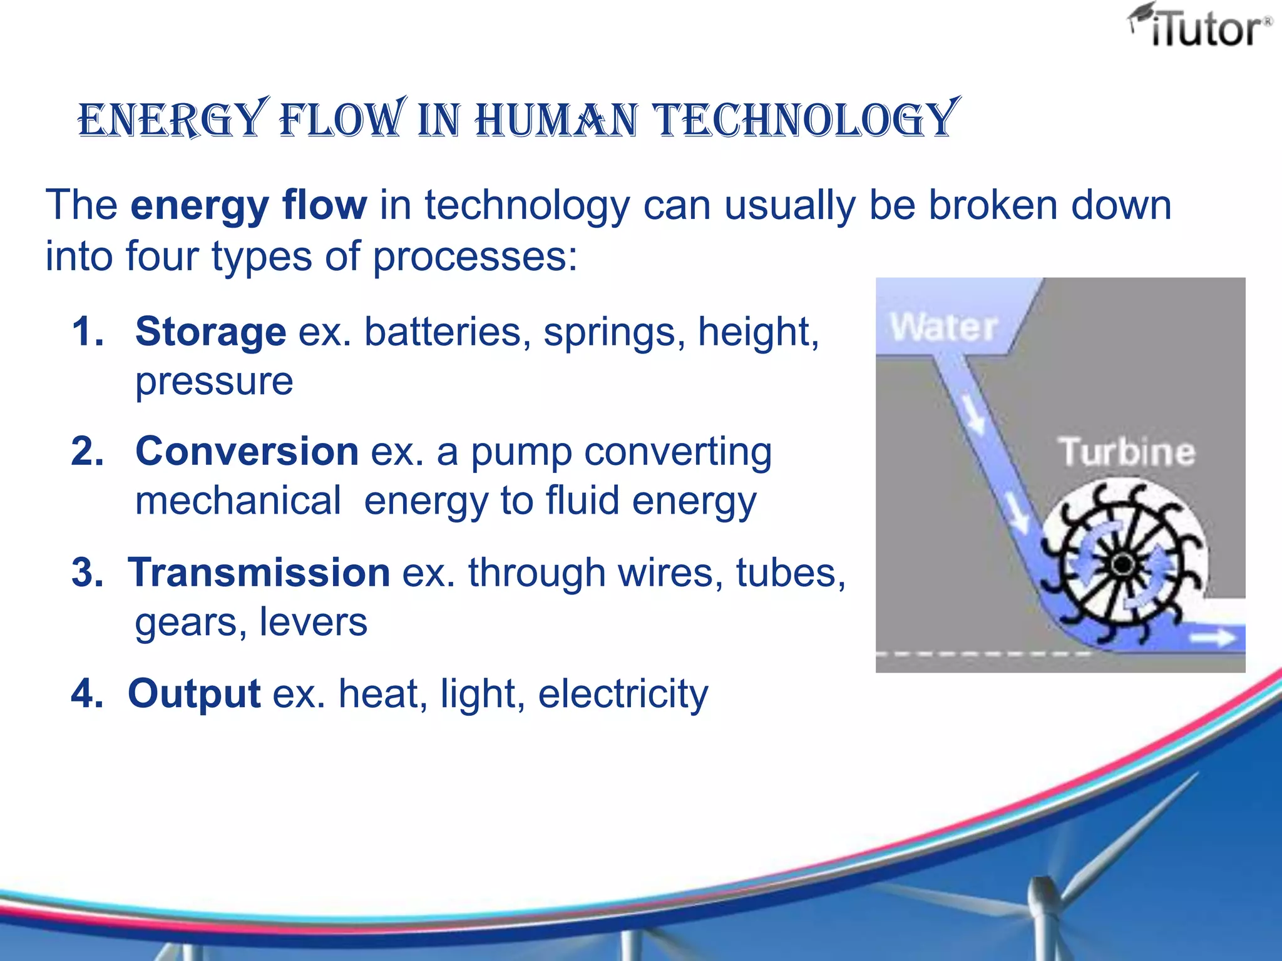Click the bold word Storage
pyautogui.click(x=210, y=331)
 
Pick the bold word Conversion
pyautogui.click(x=247, y=451)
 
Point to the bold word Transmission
pyautogui.click(x=259, y=572)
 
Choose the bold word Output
pyautogui.click(x=194, y=693)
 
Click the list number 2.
pyautogui.click(x=87, y=451)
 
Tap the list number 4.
pyautogui.click(x=87, y=693)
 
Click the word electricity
pyautogui.click(x=623, y=693)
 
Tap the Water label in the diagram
pyautogui.click(x=943, y=327)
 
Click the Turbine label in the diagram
pyautogui.click(x=1126, y=452)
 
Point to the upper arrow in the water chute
pyautogui.click(x=974, y=413)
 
